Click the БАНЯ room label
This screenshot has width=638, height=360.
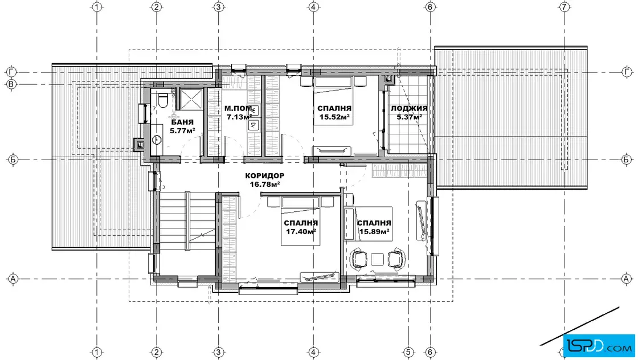tap(182, 122)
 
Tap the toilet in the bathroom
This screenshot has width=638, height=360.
tap(163, 100)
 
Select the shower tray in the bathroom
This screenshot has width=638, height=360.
tap(191, 99)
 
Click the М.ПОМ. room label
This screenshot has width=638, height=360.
tap(239, 109)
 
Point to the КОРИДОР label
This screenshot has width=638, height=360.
tap(264, 176)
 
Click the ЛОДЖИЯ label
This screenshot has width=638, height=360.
tap(409, 108)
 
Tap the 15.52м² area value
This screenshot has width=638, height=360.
tap(334, 117)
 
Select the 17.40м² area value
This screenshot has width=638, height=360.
tap(301, 232)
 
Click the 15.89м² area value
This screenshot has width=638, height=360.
tap(374, 232)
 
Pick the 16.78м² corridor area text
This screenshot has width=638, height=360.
tap(264, 184)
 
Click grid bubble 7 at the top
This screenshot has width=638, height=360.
tap(564, 7)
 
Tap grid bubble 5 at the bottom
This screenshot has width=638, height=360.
tap(408, 352)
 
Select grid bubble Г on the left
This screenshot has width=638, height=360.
tap(12, 72)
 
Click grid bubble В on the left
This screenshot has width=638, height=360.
tap(12, 85)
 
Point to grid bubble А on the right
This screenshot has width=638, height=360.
tap(626, 279)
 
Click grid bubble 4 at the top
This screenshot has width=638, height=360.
tap(313, 7)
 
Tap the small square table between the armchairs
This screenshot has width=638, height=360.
tap(377, 259)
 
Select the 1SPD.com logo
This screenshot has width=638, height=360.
tap(599, 346)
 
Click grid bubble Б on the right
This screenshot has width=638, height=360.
tap(626, 159)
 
